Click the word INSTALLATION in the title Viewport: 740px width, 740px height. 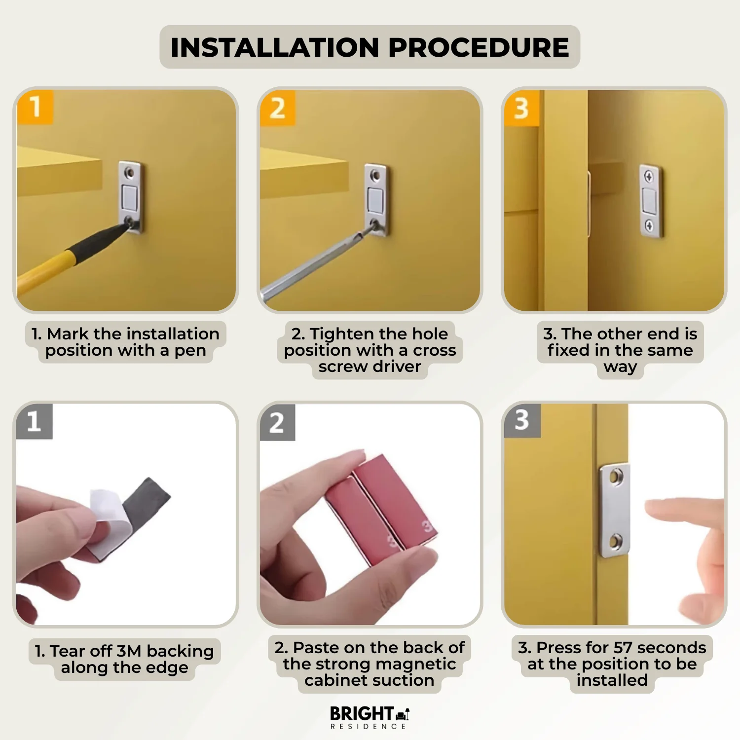pos(274,47)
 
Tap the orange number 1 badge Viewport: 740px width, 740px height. pos(35,107)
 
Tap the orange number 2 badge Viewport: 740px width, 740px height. pos(277,108)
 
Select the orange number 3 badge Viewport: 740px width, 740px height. pos(521,108)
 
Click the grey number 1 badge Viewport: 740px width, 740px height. pos(34,421)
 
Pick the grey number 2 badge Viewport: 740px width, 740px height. pos(277,423)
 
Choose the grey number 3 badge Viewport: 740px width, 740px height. pos(522,420)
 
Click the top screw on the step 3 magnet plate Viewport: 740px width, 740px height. pos(649,177)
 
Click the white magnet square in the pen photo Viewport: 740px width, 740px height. pos(130,196)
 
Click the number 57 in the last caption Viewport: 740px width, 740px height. pos(623,647)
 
